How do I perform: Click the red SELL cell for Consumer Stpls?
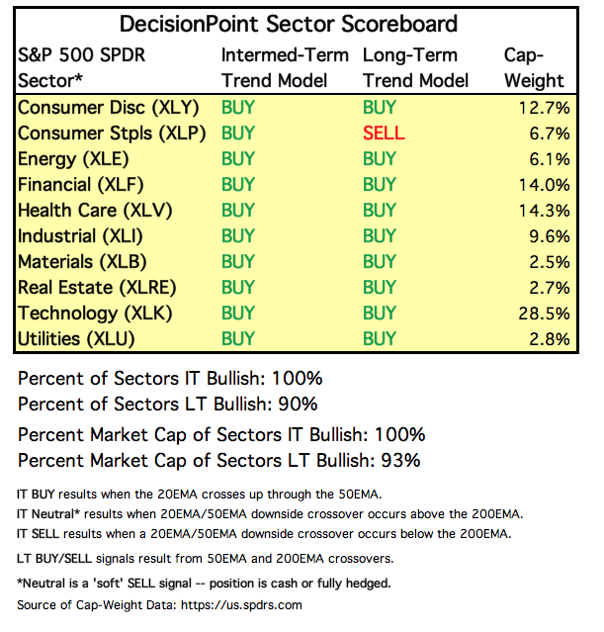384,133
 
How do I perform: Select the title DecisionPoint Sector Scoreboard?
288,23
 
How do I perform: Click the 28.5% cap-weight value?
545,314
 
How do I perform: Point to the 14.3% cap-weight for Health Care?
545,210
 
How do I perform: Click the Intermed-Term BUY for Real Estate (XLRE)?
238,288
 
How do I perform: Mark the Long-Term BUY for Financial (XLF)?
380,184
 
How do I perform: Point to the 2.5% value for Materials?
550,262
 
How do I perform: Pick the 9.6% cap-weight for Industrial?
550,236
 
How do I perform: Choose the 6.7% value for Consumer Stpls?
550,133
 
